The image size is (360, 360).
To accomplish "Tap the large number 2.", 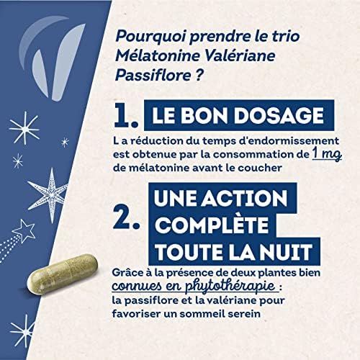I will [x=127, y=214].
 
